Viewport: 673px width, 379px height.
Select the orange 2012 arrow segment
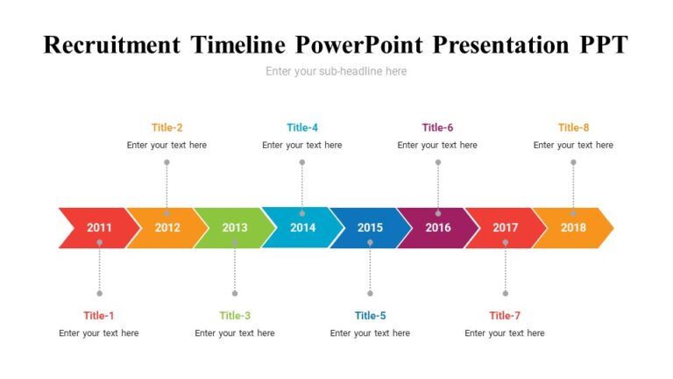point(167,228)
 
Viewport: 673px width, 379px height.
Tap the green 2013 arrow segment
point(235,228)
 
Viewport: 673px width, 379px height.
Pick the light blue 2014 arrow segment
point(302,228)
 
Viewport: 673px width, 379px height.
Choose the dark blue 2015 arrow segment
point(370,228)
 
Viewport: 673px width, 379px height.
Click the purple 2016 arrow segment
point(438,228)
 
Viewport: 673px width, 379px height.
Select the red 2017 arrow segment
point(506,228)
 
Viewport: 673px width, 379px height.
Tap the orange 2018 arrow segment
point(573,228)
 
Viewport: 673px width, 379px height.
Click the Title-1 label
point(99,316)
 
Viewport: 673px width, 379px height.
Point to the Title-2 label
point(166,127)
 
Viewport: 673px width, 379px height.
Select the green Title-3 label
point(235,316)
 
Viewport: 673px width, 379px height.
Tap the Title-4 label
point(302,127)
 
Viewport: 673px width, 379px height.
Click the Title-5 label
point(370,316)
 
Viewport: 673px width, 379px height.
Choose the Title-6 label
point(437,127)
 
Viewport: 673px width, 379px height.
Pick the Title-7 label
point(505,316)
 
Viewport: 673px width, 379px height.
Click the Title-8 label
point(573,127)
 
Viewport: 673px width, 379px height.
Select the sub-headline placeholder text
point(336,71)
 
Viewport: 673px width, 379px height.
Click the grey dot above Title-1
point(99,293)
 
